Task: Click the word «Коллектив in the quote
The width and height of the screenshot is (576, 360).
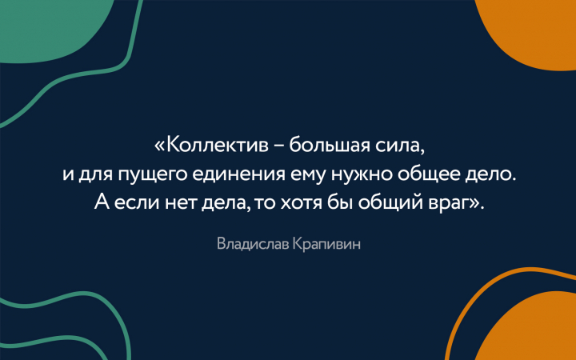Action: (x=211, y=146)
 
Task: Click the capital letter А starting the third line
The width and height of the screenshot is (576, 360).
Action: (x=102, y=202)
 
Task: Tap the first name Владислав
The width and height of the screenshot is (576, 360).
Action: (x=253, y=244)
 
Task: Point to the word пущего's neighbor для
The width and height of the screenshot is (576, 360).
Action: (x=95, y=175)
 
